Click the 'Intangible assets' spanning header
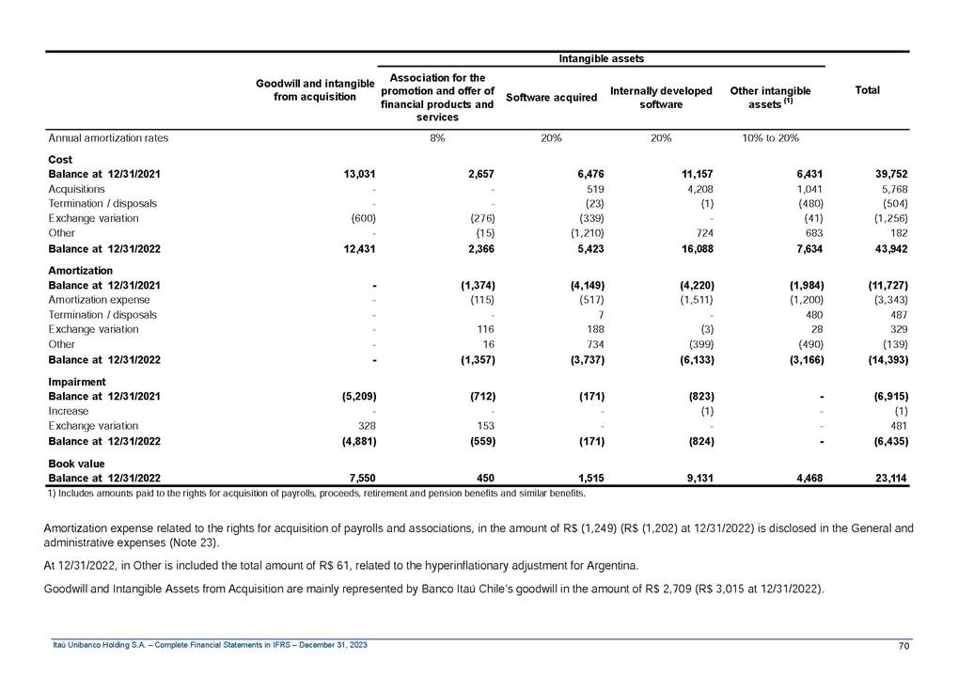(601, 58)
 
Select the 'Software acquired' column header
(551, 97)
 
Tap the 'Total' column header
(867, 90)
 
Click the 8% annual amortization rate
(436, 138)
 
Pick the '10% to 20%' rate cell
(770, 138)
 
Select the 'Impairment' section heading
(76, 383)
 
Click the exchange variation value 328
(367, 426)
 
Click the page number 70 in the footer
(903, 645)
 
